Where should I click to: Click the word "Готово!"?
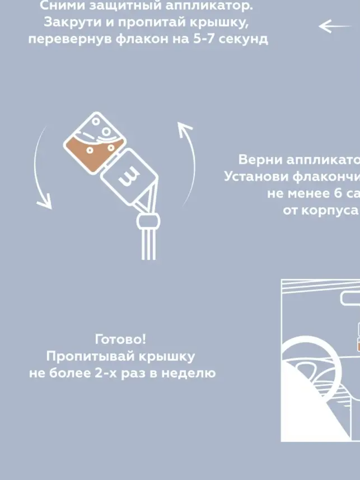pyautogui.click(x=120, y=340)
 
